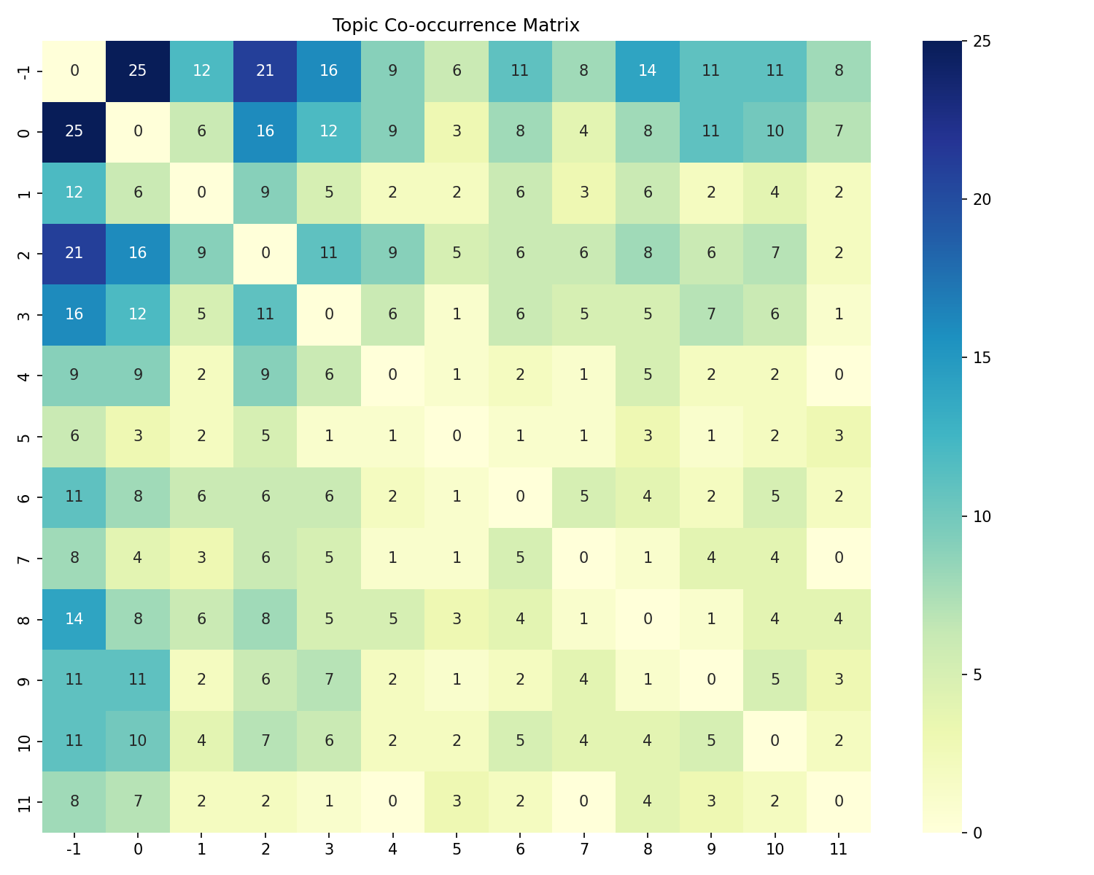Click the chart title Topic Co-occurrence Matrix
tap(456, 26)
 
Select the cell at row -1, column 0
tap(138, 71)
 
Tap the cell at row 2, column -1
tap(74, 253)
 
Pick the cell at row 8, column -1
tap(74, 618)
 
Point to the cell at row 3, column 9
tap(711, 314)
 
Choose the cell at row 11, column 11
tap(839, 801)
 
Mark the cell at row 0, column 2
tap(265, 132)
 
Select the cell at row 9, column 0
tap(138, 680)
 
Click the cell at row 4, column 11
tap(839, 375)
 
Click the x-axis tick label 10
tap(775, 849)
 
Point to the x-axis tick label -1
tap(74, 849)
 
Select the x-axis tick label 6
tap(520, 849)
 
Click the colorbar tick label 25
tap(982, 42)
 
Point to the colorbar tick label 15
tap(982, 358)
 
